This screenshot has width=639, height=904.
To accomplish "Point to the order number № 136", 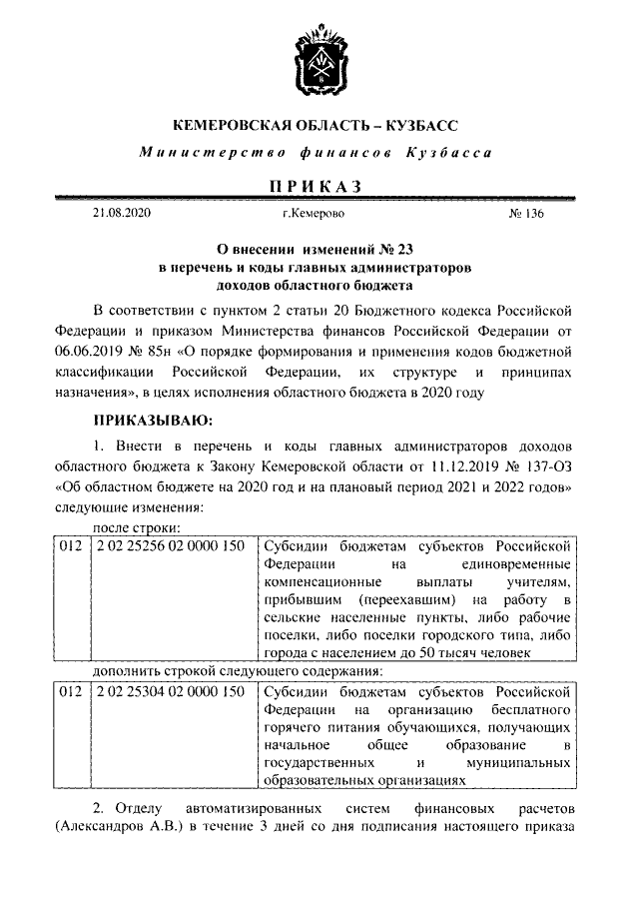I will point(527,214).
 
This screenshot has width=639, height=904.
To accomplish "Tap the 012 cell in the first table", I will point(69,546).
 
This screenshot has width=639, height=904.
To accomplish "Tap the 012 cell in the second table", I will point(69,691).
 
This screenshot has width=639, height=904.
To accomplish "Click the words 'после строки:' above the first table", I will point(136,527).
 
